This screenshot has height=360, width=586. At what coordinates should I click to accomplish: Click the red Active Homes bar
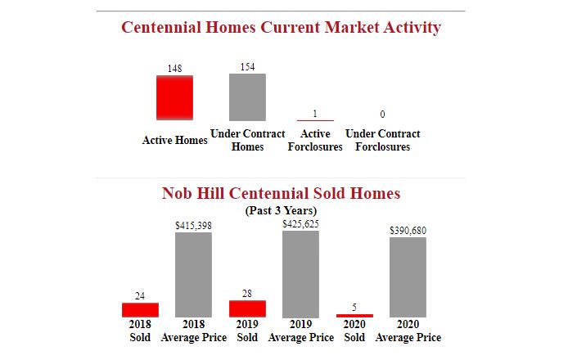pos(174,97)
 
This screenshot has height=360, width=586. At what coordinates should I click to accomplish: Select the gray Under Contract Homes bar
pos(247,97)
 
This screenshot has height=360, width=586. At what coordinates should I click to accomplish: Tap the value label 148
pos(174,69)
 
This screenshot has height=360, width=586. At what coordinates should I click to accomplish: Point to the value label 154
pos(247,66)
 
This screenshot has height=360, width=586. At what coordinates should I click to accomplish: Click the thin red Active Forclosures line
pos(315,120)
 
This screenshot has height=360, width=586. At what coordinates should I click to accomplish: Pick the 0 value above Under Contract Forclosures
pos(382,114)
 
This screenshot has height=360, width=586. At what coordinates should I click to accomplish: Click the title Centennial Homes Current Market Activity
pos(281,27)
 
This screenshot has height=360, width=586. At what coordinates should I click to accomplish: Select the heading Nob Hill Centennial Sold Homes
pos(281,193)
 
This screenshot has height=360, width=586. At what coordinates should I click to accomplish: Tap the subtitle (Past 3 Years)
pos(281,210)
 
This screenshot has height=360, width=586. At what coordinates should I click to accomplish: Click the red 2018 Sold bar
pos(140,310)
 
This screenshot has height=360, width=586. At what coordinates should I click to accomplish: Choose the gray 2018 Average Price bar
pos(193,275)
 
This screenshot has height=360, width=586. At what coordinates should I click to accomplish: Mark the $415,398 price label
pos(193,225)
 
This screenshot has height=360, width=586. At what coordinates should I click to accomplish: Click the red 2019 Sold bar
pos(247,308)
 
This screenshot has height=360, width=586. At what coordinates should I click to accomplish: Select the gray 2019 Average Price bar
pos(300,274)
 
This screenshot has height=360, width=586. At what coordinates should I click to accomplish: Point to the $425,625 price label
pos(300,223)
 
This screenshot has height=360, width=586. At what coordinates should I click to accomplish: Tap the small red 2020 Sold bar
pos(354,315)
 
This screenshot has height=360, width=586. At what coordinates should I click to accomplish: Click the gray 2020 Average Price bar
pos(408,277)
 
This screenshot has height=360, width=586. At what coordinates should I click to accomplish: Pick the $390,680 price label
pos(408,231)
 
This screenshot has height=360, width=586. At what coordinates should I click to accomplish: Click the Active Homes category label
pos(175,140)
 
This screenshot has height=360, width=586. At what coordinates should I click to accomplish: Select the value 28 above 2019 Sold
pos(247,293)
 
